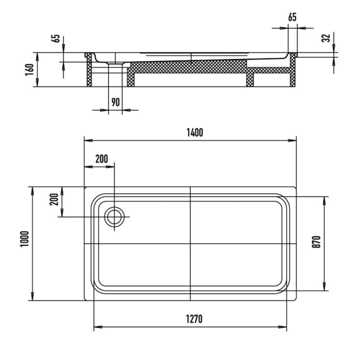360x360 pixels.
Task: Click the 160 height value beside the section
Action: click(29, 69)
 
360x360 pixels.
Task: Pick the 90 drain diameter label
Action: click(116, 102)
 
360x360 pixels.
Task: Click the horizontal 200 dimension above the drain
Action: click(102, 159)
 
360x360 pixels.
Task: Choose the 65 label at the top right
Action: click(292, 17)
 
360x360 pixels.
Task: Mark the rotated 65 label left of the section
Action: click(56, 40)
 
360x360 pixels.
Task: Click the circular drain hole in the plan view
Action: click(114, 217)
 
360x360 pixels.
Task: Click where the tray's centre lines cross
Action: click(191, 243)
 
